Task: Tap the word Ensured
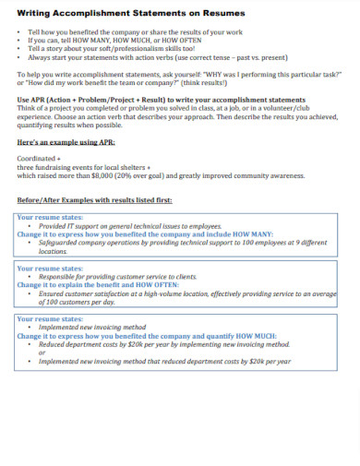pos(55,293)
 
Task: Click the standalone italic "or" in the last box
pos(42,352)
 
